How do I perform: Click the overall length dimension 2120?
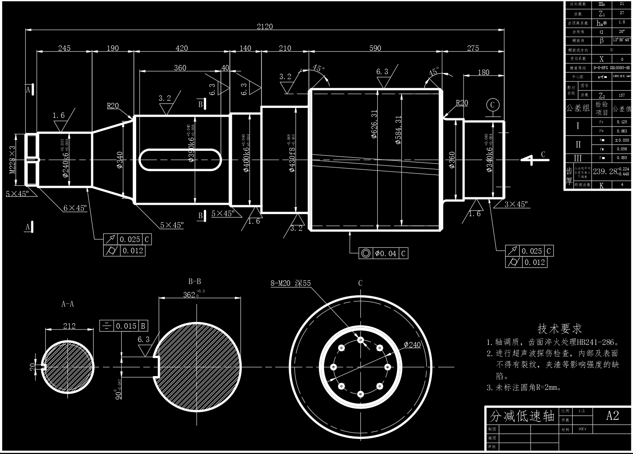(x=265, y=27)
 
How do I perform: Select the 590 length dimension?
(x=375, y=48)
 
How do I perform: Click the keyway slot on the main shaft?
(x=180, y=160)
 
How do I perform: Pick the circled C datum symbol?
(x=493, y=105)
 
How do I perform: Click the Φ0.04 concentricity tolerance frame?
(x=383, y=253)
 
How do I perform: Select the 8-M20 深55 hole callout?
(x=291, y=284)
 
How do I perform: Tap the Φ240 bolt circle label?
(x=412, y=345)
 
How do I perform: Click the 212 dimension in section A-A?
(x=69, y=326)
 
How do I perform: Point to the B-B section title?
(x=194, y=282)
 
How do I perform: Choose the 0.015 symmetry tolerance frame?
(x=124, y=326)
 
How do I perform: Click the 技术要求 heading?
(x=559, y=329)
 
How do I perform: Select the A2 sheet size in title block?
(x=612, y=415)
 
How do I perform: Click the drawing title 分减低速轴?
(x=522, y=416)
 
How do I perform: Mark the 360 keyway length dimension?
(x=180, y=68)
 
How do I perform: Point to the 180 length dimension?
(x=483, y=72)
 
